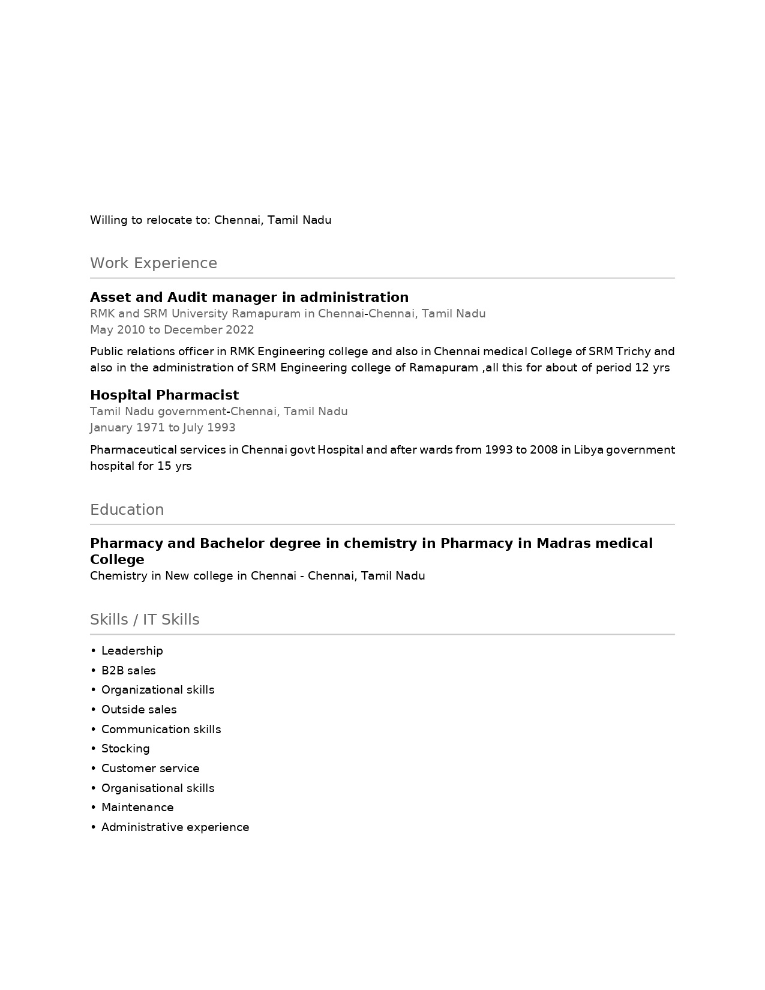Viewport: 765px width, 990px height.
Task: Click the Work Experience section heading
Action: click(153, 263)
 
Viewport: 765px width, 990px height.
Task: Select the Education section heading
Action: click(127, 510)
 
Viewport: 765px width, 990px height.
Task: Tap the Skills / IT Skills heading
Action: click(145, 620)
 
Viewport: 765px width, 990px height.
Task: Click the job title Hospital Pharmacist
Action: click(164, 395)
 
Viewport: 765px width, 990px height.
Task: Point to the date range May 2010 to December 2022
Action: click(172, 330)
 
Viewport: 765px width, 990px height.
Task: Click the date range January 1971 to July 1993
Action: click(162, 428)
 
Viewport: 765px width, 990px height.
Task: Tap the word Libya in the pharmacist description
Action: click(588, 450)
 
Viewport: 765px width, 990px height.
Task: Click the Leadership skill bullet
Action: click(132, 651)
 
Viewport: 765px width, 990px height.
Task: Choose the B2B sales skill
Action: click(128, 671)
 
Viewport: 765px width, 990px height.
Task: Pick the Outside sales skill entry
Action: click(139, 710)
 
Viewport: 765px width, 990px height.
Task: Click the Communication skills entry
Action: click(161, 730)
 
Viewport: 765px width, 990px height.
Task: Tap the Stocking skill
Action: click(125, 749)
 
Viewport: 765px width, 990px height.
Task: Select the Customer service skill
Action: click(150, 769)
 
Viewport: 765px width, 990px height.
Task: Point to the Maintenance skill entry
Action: click(137, 808)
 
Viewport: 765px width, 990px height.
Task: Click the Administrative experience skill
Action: click(175, 827)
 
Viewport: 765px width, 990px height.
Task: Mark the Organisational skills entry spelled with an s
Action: click(158, 788)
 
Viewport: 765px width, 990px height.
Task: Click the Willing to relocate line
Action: click(211, 220)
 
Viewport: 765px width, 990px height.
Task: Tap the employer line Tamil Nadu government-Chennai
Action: click(218, 412)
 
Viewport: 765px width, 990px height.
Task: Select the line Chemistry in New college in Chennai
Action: click(257, 576)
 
